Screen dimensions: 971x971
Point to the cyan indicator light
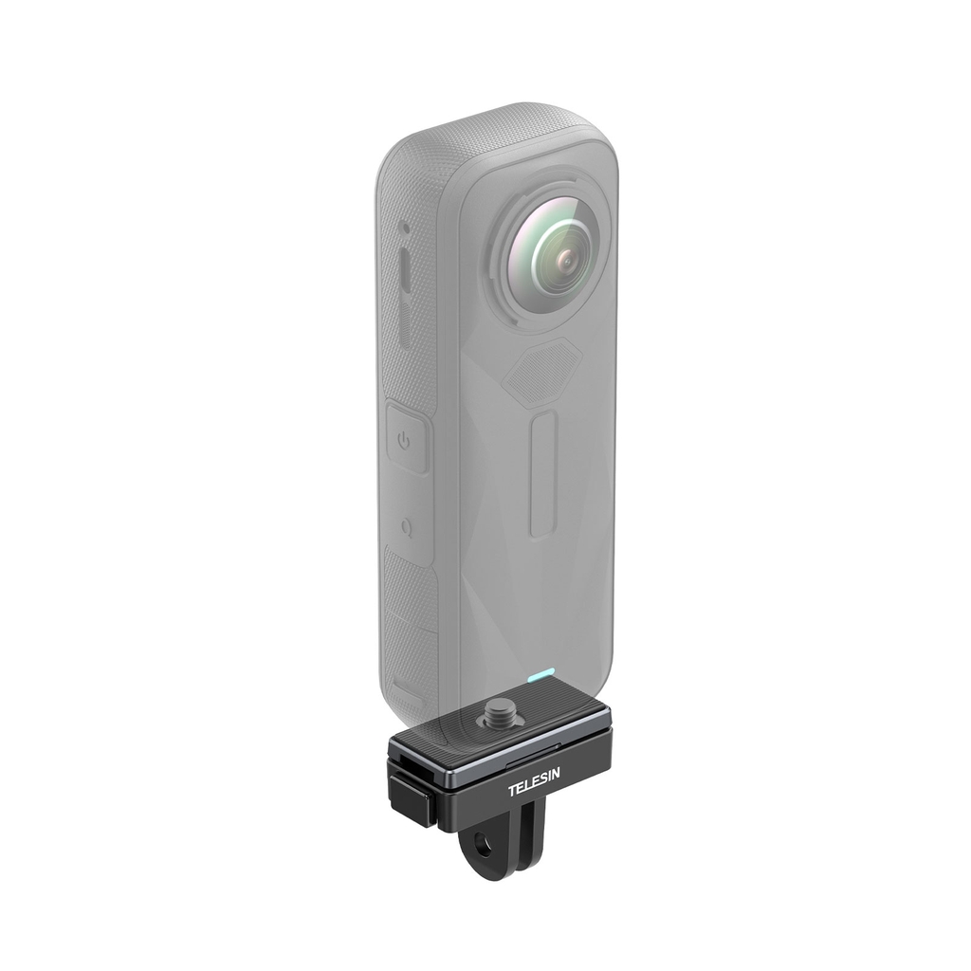coord(540,676)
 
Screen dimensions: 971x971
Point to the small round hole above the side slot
coord(403,230)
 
